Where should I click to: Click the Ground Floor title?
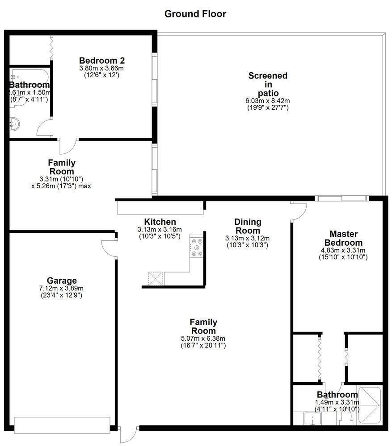coord(195,14)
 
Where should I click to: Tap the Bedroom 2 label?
coord(102,61)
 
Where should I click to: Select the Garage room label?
coord(62,281)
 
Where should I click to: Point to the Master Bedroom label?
coord(344,238)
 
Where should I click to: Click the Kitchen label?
coord(160,222)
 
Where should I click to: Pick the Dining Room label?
coord(248,226)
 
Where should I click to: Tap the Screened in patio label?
coord(268,84)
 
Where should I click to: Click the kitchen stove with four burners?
coord(196,247)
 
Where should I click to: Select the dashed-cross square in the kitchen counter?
coord(156,278)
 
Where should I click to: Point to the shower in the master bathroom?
coord(369,405)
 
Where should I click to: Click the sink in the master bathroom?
coord(313,418)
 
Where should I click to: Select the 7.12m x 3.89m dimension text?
coord(61,289)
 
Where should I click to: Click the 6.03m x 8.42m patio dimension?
coord(268,101)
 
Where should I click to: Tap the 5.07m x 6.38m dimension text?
coord(203,339)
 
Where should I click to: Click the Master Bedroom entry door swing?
coord(299,211)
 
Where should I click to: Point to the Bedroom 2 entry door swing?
coord(68,146)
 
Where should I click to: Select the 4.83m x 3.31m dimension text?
coord(343,250)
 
